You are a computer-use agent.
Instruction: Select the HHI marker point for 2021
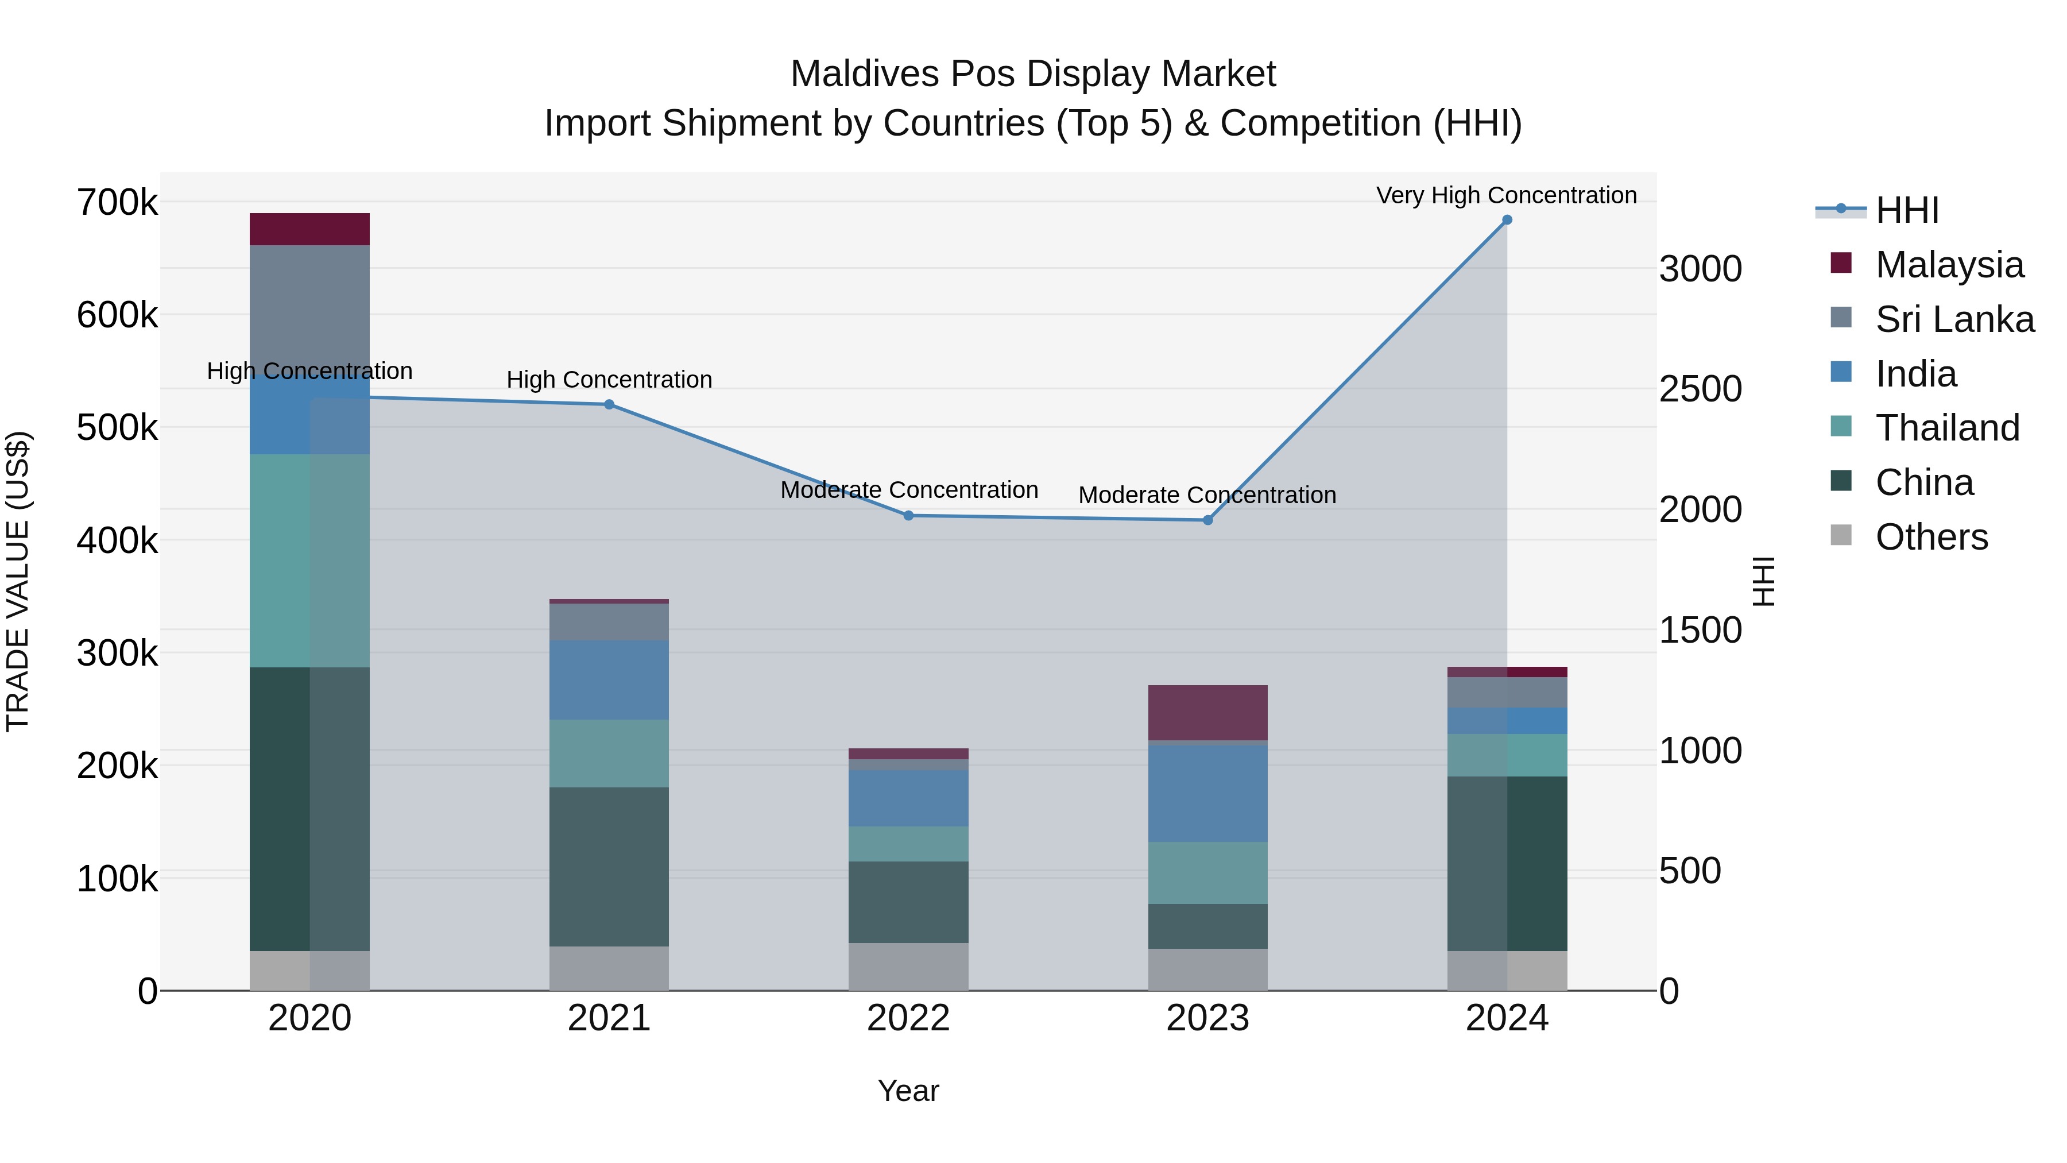tap(609, 404)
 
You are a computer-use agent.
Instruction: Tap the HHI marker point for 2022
tap(908, 515)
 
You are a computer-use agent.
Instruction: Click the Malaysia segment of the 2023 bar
tap(1207, 712)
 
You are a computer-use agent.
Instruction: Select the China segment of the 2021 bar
tap(609, 866)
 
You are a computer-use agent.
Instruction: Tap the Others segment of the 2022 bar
tap(908, 967)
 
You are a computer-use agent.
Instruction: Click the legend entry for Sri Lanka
tap(1954, 319)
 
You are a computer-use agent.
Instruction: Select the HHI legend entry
tap(1906, 210)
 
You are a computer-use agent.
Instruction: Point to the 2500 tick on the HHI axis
tap(1700, 389)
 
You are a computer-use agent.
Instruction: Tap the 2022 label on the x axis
tap(908, 1018)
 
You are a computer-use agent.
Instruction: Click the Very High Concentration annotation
tap(1506, 195)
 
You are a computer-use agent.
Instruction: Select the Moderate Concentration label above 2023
tap(1207, 495)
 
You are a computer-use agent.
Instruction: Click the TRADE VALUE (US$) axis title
tap(18, 581)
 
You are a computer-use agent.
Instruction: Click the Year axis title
tap(908, 1091)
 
